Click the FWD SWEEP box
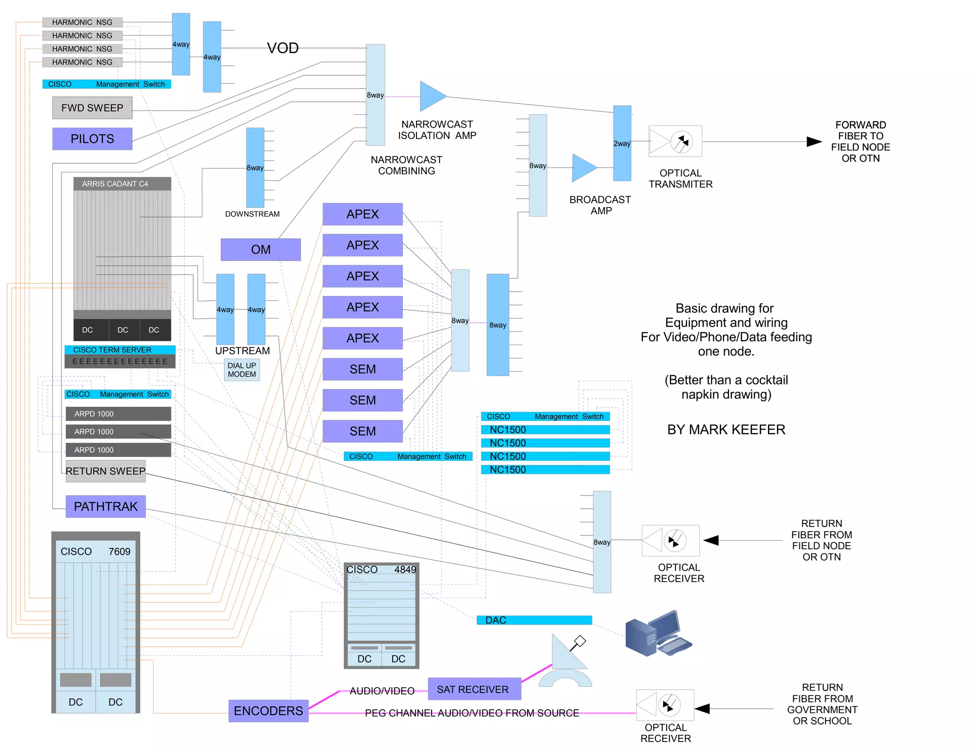point(92,108)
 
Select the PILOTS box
point(92,139)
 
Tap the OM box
point(260,249)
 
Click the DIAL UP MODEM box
point(242,370)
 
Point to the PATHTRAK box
point(106,506)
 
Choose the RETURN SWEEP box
point(106,471)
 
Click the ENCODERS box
point(268,711)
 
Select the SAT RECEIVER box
point(474,689)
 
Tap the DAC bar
point(534,620)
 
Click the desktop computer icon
point(658,634)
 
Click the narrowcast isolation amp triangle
point(432,97)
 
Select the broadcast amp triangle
point(583,168)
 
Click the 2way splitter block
point(622,143)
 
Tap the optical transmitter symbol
point(675,141)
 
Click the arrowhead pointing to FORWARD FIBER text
point(814,141)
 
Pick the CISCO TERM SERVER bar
point(120,350)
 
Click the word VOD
point(283,48)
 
